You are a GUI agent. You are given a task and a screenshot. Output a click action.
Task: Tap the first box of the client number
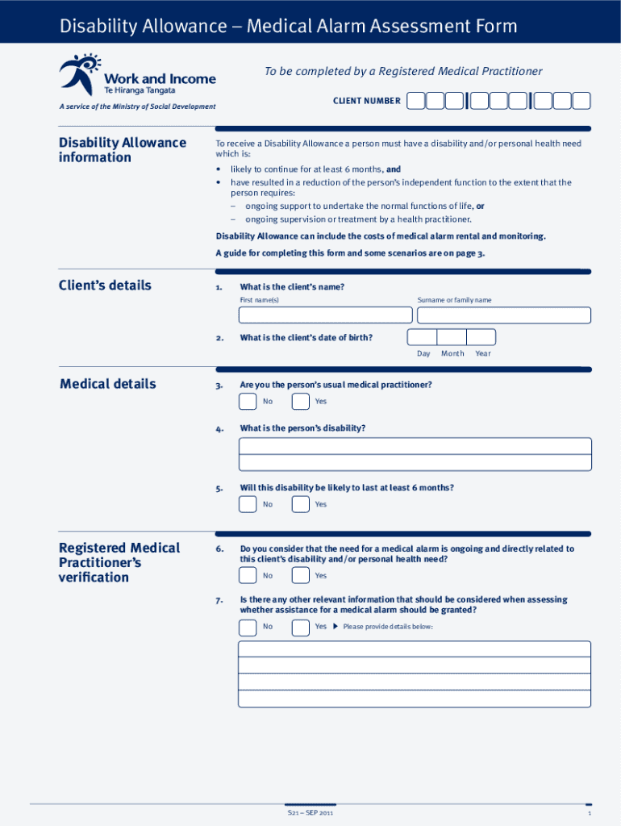[x=416, y=101]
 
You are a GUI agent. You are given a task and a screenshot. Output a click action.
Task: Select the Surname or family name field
[x=504, y=315]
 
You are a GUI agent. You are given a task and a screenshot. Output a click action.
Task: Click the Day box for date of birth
[x=422, y=337]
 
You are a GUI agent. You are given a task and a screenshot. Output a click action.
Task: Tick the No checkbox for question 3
[x=248, y=402]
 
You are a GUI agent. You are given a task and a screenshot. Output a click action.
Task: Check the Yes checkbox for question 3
[x=300, y=402]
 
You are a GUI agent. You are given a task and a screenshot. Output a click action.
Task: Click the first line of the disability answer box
[x=415, y=446]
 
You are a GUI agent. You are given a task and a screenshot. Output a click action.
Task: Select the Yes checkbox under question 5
[x=300, y=505]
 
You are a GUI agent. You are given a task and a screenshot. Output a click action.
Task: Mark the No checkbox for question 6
[x=248, y=576]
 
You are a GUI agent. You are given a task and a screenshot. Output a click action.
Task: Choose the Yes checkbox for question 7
[x=300, y=627]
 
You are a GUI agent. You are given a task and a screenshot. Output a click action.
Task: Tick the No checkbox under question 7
[x=248, y=627]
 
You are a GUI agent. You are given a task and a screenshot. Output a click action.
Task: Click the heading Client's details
[x=105, y=286]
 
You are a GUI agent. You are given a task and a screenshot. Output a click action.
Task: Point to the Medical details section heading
[x=108, y=384]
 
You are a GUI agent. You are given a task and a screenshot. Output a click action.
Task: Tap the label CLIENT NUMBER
[x=367, y=101]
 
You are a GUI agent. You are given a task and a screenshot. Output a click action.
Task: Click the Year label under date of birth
[x=482, y=353]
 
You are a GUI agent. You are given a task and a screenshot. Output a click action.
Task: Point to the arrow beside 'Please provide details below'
[x=336, y=627]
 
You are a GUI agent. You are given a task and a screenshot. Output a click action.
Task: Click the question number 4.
[x=219, y=429]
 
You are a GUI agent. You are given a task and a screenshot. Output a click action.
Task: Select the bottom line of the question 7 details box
[x=415, y=699]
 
